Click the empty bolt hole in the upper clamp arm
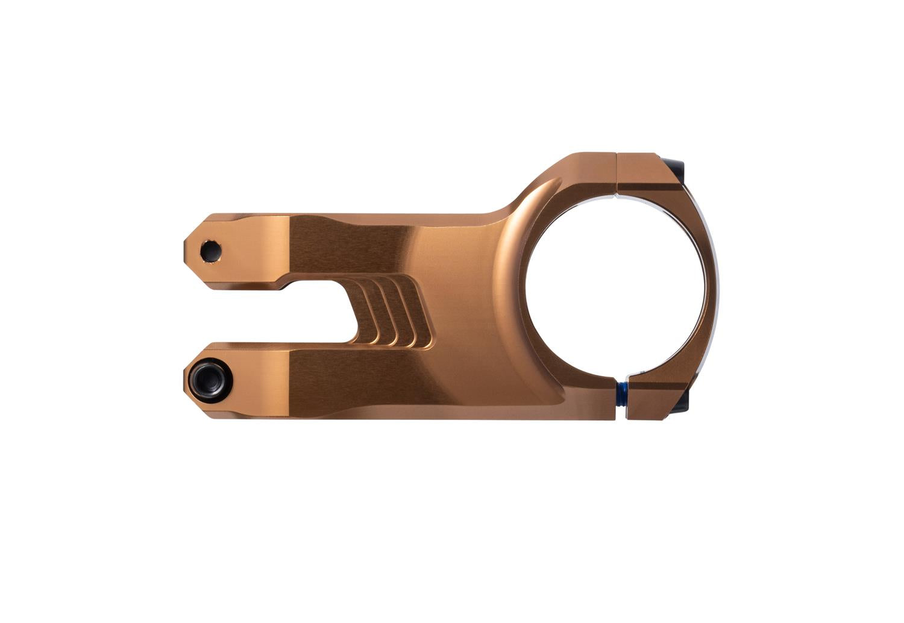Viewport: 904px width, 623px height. pyautogui.click(x=210, y=250)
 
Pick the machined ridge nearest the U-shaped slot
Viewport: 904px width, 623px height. pyautogui.click(x=369, y=313)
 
